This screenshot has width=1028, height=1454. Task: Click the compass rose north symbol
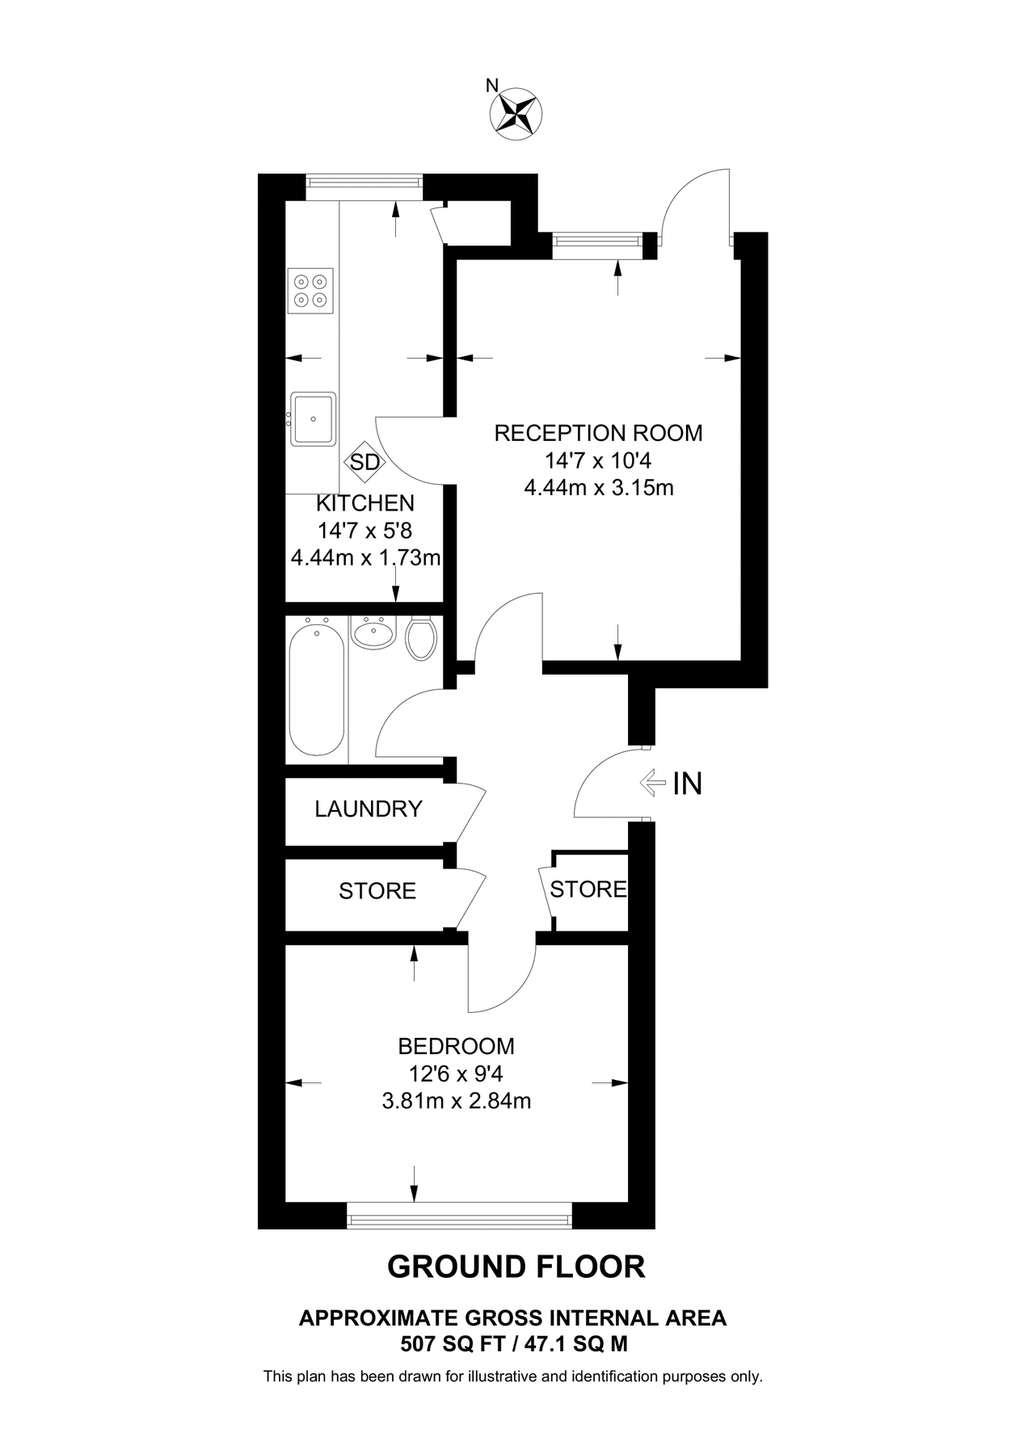pyautogui.click(x=516, y=113)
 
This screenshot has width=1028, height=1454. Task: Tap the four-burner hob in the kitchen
pyautogui.click(x=311, y=292)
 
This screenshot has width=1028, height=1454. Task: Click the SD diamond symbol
pyautogui.click(x=364, y=463)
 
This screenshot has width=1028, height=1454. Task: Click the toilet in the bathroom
pyautogui.click(x=421, y=638)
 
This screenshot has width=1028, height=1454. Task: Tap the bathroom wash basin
pyautogui.click(x=374, y=632)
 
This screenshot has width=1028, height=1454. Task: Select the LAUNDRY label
pyautogui.click(x=369, y=809)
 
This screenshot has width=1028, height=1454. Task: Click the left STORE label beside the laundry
pyautogui.click(x=377, y=891)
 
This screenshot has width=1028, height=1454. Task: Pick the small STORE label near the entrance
pyautogui.click(x=588, y=889)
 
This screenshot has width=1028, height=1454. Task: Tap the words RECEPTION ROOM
pyautogui.click(x=598, y=433)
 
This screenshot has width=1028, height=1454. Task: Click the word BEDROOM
pyautogui.click(x=456, y=1046)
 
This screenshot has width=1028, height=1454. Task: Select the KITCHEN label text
pyautogui.click(x=364, y=503)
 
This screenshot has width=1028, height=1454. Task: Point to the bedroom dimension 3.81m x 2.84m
pyautogui.click(x=456, y=1101)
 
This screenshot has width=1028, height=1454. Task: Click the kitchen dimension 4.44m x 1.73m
pyautogui.click(x=365, y=558)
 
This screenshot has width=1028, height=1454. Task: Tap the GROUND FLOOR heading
pyautogui.click(x=516, y=1267)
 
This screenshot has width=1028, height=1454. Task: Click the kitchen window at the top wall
pyautogui.click(x=364, y=187)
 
